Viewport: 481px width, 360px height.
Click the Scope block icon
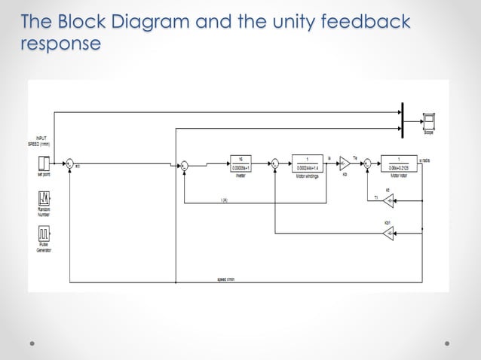click(x=428, y=121)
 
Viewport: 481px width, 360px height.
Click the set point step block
click(x=44, y=162)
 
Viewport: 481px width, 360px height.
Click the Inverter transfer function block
click(x=240, y=162)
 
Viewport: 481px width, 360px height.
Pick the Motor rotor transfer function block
click(x=398, y=162)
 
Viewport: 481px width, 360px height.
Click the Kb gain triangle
click(x=345, y=162)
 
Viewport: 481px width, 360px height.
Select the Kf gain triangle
click(x=388, y=200)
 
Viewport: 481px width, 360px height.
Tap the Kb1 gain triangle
click(x=388, y=234)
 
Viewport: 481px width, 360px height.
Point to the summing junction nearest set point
click(x=69, y=162)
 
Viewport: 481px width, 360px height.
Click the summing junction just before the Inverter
click(x=183, y=162)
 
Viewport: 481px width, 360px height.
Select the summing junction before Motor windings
click(x=275, y=162)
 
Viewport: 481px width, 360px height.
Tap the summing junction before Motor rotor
click(x=367, y=162)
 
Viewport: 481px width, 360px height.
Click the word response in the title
click(x=60, y=44)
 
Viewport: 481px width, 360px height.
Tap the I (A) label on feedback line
click(x=225, y=200)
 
